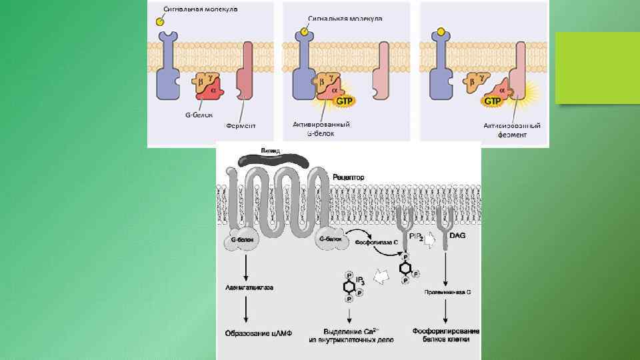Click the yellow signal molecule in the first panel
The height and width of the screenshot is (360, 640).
(161, 21)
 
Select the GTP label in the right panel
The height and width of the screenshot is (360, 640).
(493, 101)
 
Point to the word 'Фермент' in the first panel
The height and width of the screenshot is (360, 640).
(241, 125)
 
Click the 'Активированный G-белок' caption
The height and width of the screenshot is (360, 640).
(321, 129)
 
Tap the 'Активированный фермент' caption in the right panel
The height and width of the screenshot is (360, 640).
(512, 129)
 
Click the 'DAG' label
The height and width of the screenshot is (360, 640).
(458, 235)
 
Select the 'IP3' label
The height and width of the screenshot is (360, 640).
(359, 280)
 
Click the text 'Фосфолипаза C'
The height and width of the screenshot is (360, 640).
(375, 241)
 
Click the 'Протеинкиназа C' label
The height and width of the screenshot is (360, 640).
(447, 292)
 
